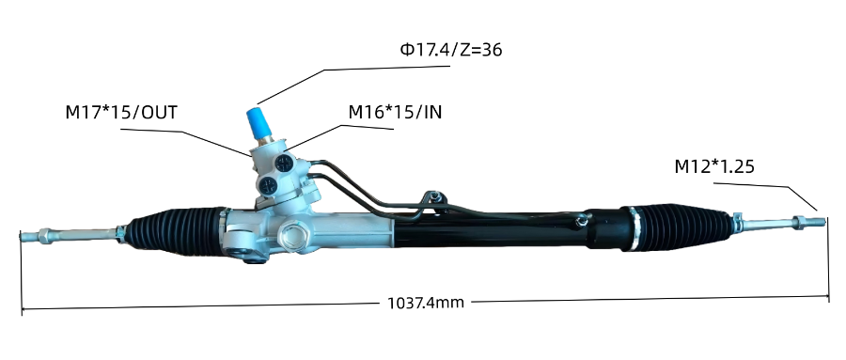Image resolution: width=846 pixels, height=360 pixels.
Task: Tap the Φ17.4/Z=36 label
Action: [x=450, y=50]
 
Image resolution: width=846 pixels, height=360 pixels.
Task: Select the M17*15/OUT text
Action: [x=121, y=112]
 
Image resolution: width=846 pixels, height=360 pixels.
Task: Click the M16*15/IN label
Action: [x=395, y=112]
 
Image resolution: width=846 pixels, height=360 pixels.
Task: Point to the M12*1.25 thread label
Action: [x=713, y=166]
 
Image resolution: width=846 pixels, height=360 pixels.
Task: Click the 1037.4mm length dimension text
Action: [x=426, y=303]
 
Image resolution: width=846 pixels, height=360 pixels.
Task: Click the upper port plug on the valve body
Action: [x=284, y=162]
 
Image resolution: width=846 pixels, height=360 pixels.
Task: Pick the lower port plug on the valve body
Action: [x=268, y=186]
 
